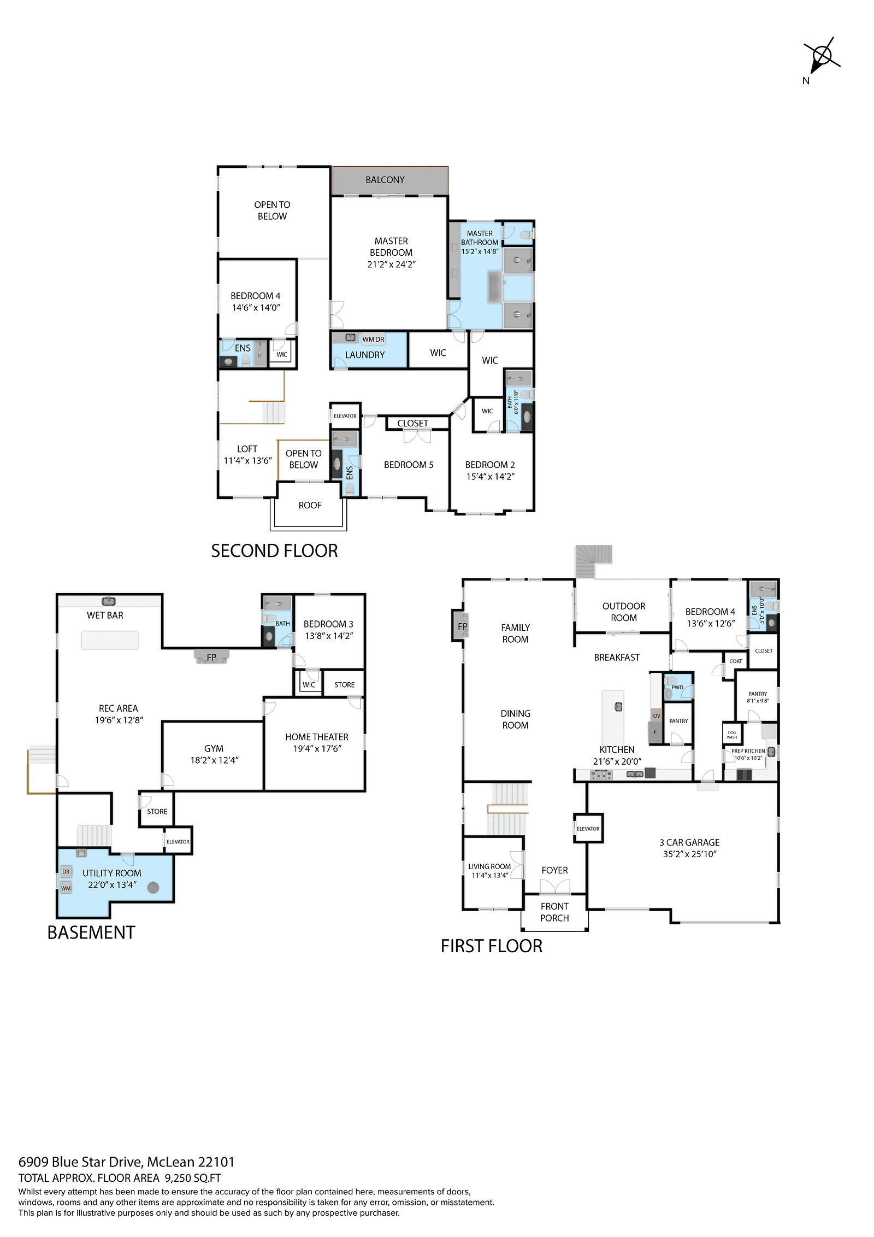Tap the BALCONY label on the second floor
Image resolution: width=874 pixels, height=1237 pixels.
point(385,180)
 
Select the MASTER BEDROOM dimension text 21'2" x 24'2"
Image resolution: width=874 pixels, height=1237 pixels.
point(391,264)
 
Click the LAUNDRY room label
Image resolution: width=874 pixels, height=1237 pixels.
point(365,355)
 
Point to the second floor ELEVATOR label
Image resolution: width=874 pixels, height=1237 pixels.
point(345,416)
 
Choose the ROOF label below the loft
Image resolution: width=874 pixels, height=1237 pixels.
point(310,506)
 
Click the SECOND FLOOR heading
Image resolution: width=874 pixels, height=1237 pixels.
point(274,550)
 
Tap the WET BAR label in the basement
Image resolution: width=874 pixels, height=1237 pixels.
point(105,615)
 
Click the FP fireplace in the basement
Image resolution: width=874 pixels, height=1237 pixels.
point(212,656)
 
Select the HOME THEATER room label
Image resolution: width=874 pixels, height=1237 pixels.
point(317,737)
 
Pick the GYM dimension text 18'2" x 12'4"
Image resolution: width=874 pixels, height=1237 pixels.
point(214,760)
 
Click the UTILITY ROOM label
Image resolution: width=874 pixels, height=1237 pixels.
point(112,873)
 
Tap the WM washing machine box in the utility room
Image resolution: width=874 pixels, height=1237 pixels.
point(66,888)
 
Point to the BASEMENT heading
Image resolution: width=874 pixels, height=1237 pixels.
point(91,932)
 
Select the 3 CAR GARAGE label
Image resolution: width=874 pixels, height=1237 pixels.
point(689,842)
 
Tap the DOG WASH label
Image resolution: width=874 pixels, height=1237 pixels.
point(732,735)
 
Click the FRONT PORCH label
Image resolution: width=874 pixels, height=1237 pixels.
point(554,912)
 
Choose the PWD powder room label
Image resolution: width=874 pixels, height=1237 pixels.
point(677,687)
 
